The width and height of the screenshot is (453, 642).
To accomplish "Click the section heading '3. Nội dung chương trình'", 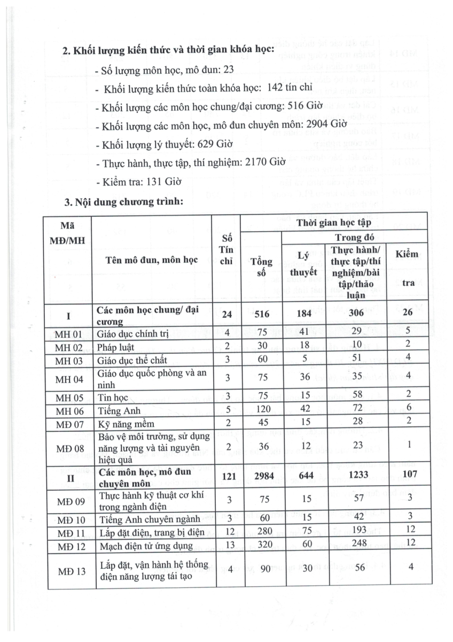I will coord(124,203).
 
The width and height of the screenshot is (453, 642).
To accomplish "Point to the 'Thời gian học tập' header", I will coord(334,222).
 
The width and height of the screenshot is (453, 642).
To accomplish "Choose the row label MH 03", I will coord(69,360).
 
